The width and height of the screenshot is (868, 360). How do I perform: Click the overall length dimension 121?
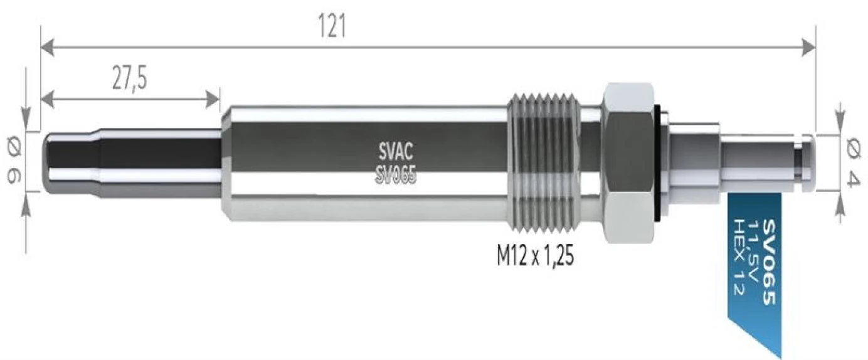(332, 27)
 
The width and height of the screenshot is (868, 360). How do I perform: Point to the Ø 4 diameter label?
(853, 161)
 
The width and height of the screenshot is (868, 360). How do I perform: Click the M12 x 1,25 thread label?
(534, 257)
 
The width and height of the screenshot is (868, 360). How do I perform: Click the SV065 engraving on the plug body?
(396, 177)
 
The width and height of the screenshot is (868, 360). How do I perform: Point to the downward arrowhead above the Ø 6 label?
(26, 120)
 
